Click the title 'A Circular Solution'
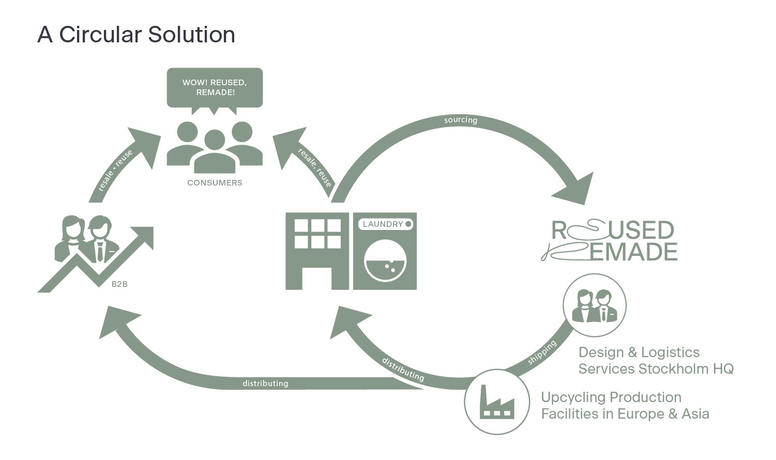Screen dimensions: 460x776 point(136,35)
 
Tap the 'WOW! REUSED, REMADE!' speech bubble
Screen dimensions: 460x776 point(215,87)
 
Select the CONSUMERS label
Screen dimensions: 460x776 point(215,183)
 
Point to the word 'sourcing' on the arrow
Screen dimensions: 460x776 point(461,120)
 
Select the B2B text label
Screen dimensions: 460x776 point(119,284)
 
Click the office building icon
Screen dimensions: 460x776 point(317,250)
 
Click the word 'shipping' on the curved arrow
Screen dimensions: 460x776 point(542,352)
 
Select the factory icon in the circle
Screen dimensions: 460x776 point(496,401)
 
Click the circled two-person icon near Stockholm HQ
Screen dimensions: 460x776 point(594,305)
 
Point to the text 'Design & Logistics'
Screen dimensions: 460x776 point(639,352)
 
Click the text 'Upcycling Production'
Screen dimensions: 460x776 point(611,397)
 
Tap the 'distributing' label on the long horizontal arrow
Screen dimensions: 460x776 point(265,384)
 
